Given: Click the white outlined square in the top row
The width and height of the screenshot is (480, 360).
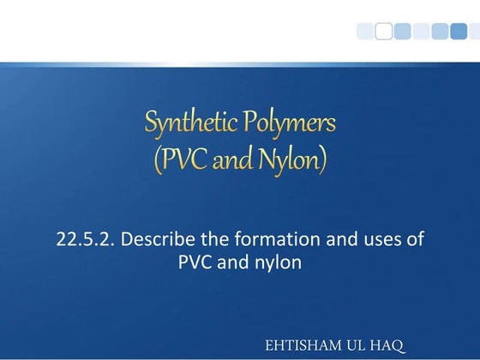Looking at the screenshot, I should pyautogui.click(x=384, y=31).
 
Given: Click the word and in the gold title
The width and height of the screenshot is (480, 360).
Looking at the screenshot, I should pyautogui.click(x=231, y=159).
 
